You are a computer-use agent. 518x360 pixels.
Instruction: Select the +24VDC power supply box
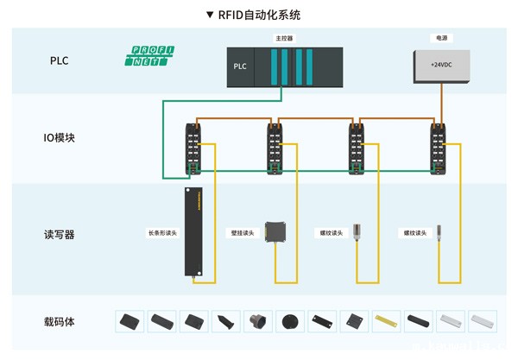pos(440,66)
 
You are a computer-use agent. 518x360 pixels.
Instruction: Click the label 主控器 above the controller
pos(284,39)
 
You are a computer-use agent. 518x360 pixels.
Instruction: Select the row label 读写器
pos(59,234)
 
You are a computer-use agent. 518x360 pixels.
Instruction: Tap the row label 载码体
pos(59,321)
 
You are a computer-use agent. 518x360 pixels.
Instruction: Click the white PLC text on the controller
pos(240,66)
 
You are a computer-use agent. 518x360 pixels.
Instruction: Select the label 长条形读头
pos(162,233)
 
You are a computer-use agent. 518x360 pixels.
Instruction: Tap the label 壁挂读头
pos(241,233)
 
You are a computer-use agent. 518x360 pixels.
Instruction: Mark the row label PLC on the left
pos(59,61)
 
